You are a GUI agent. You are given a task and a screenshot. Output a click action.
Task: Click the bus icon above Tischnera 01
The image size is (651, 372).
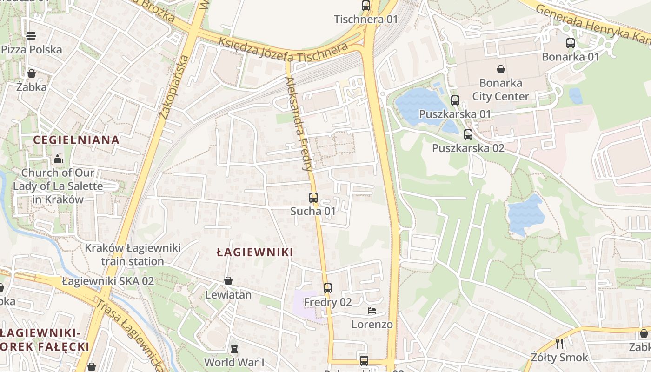[366, 6]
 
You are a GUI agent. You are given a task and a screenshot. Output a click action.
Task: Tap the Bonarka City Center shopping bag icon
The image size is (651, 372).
[501, 70]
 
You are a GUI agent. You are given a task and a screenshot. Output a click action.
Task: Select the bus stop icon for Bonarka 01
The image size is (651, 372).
[571, 43]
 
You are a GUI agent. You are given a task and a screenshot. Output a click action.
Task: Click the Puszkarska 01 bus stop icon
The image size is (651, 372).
[455, 100]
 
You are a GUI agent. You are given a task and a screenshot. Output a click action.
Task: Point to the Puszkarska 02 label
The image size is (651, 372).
[468, 148]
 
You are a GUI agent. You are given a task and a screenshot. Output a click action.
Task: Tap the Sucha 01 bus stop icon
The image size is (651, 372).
[313, 198]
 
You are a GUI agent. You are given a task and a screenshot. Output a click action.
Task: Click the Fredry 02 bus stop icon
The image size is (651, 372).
[328, 288]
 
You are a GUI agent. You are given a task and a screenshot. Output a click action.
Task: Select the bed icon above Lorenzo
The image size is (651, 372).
[372, 310]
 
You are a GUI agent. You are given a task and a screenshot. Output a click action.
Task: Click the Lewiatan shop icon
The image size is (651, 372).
[228, 281]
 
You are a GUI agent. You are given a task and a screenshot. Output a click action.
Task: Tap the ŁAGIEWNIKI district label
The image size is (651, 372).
[255, 252]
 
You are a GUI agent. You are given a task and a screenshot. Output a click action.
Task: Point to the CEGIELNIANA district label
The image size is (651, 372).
[76, 139]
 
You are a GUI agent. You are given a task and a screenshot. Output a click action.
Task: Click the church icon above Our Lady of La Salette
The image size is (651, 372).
[58, 159]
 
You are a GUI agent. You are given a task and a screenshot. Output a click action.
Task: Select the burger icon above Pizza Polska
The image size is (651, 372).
[32, 35]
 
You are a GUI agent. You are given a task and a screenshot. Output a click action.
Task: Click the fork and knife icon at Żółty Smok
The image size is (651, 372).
[559, 344]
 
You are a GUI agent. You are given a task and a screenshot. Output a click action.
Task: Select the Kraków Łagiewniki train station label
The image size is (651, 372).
[133, 254]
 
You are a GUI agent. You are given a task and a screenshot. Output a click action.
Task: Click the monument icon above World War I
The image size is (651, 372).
[234, 349]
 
